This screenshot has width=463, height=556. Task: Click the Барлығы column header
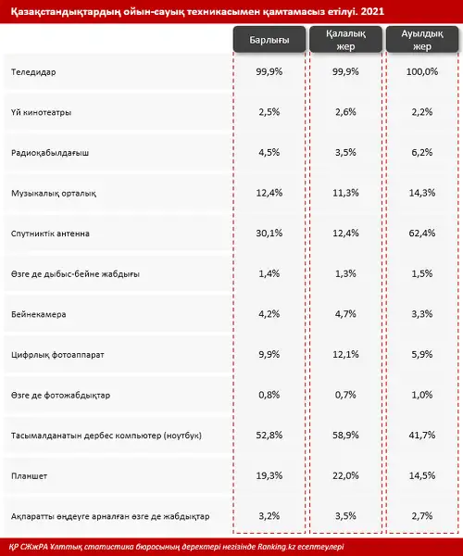pos(269,39)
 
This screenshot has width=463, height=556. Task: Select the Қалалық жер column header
pos(345,39)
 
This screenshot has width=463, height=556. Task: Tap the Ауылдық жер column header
pos(422,39)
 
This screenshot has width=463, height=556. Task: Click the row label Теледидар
pos(33,72)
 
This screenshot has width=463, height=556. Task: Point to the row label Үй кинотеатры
pos(41,112)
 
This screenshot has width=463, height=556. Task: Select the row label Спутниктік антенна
pos(50,234)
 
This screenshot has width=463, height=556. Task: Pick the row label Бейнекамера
pos(38,314)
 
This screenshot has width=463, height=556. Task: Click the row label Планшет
pos(29,476)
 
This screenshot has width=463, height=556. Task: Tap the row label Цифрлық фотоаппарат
pos(57,355)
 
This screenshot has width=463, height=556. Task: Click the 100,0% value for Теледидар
pos(422,71)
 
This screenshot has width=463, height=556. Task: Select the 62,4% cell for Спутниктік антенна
pos(422,234)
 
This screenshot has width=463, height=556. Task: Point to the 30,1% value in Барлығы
pos(269,234)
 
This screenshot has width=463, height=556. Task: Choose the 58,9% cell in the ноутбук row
pos(345,436)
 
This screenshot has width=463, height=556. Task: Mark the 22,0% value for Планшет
pos(345,475)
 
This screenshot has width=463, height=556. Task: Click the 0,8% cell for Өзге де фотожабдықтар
pos(269,395)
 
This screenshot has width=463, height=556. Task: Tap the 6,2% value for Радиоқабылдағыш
pos(422,153)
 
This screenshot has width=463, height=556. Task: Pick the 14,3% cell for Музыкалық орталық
pos(422,193)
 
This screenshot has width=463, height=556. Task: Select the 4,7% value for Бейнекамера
pos(345,314)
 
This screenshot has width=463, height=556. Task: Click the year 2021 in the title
pos(372,11)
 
